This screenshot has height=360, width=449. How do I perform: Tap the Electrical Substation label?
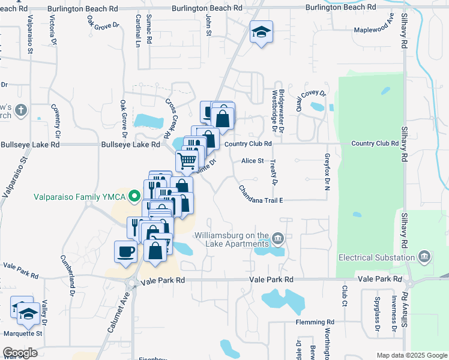pyautogui.click(x=377, y=257)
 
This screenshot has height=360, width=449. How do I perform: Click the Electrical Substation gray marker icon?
pyautogui.click(x=425, y=257)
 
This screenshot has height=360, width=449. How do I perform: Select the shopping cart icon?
pyautogui.click(x=187, y=161)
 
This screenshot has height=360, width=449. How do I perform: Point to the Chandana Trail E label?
pyautogui.click(x=261, y=194)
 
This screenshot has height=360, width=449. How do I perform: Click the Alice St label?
pyautogui.click(x=253, y=161)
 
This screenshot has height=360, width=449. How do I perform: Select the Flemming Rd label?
pyautogui.click(x=315, y=322)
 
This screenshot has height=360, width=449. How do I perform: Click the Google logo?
pyautogui.click(x=20, y=353)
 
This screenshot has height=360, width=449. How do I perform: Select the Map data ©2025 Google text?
pyautogui.click(x=411, y=355)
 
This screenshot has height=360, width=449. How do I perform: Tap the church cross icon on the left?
pyautogui.click(x=21, y=110)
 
